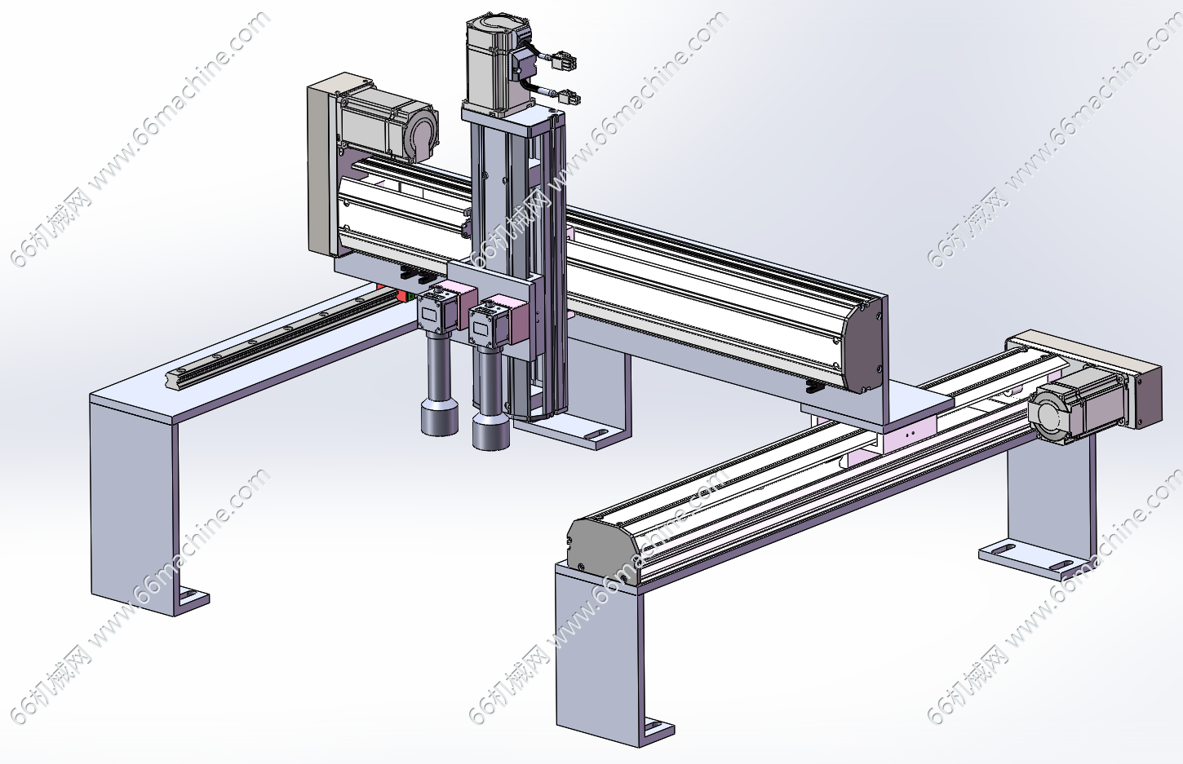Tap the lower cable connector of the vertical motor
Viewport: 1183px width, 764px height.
[569, 98]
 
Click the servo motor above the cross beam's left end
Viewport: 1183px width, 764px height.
[388, 124]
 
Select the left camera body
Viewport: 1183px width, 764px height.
[437, 313]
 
